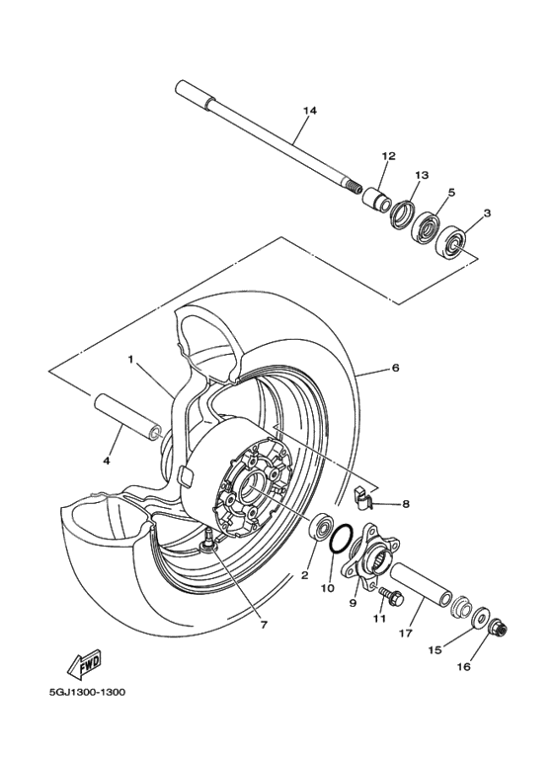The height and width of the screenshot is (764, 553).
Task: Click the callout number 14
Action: [310, 111]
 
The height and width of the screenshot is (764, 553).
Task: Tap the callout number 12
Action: [388, 156]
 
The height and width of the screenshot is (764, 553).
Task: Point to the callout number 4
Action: [107, 461]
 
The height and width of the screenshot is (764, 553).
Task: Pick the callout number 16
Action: [490, 667]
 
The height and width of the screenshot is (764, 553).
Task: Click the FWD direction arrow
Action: [86, 663]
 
